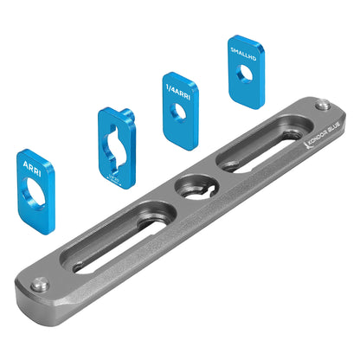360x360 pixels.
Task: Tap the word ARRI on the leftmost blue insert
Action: [x=33, y=165]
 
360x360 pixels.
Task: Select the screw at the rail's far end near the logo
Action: [x=322, y=106]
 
